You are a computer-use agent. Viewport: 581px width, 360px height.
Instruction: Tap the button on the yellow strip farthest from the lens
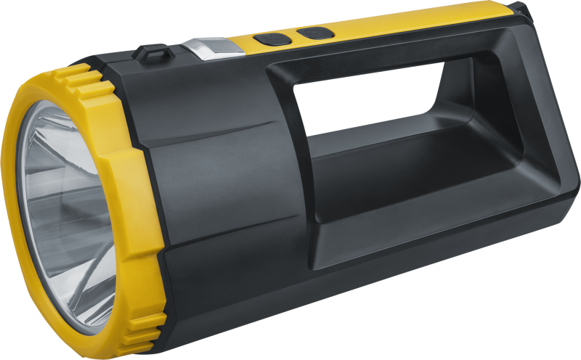314,33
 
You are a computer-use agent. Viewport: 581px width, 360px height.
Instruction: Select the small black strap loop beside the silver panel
150,53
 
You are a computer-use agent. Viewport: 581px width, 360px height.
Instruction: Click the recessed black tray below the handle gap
407,171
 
